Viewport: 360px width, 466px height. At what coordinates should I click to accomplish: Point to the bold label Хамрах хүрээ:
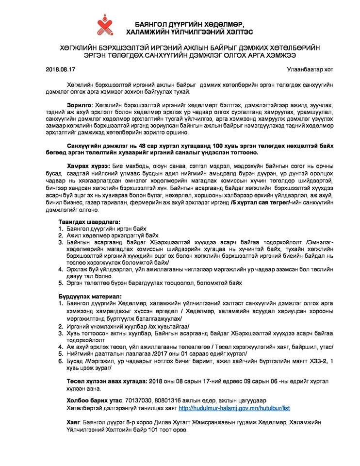tap(87, 166)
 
